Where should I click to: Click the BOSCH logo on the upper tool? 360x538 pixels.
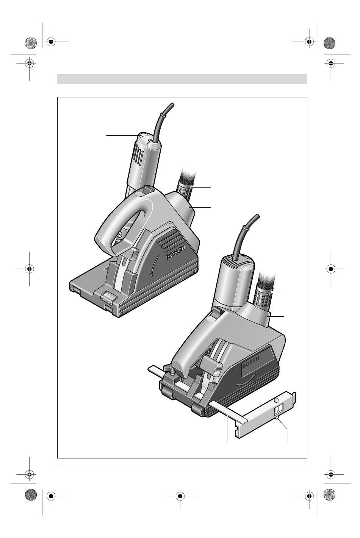click(176, 252)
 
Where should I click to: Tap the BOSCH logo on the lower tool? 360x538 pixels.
click(251, 363)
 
